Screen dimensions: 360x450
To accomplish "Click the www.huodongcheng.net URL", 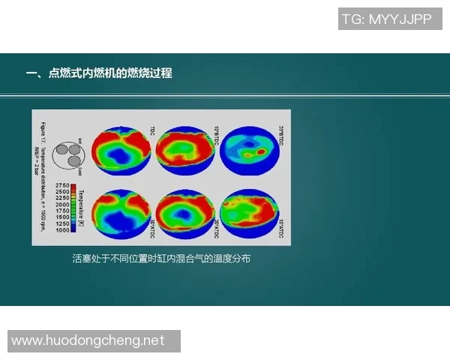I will [88, 340].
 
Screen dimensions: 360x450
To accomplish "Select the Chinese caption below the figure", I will [160, 259].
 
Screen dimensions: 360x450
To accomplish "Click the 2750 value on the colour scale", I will [62, 185].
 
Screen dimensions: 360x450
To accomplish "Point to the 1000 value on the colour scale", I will [62, 230].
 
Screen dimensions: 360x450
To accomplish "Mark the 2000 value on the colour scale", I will [62, 204].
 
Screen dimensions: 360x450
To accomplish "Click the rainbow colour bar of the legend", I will [74, 208].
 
